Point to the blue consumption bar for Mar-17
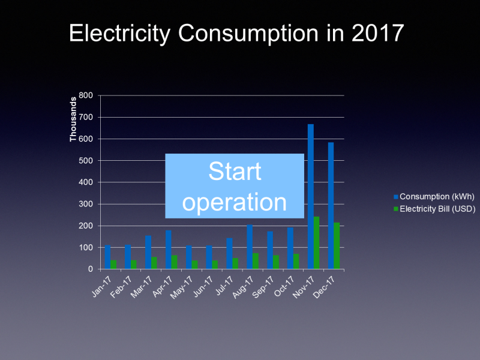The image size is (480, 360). coord(148,252)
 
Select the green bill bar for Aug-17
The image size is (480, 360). coord(256,261)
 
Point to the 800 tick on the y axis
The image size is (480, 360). coord(86,95)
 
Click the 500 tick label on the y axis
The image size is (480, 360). coord(86,161)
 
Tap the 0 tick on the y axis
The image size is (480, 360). coord(89,269)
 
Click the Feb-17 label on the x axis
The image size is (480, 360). coord(124,284)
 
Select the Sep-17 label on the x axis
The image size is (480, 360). coord(266,284)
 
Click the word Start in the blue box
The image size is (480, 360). coord(235,172)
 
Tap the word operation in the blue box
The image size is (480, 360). coord(235,202)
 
